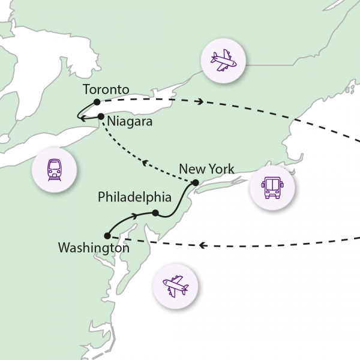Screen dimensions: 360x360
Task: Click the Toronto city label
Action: pos(106,90)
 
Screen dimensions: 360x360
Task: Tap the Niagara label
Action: pos(130,122)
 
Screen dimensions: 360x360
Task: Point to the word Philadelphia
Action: pos(134,197)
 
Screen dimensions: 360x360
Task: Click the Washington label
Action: pos(94,247)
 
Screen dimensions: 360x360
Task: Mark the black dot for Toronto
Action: pos(97,101)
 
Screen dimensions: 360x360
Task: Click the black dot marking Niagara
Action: pos(101,116)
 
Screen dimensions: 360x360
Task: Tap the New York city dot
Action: pos(195,182)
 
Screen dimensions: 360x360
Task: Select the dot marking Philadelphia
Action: pos(155,213)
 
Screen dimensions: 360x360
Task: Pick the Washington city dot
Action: pos(106,236)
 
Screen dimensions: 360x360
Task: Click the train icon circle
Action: pos(55,170)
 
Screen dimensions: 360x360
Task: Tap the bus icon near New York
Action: pos(271,187)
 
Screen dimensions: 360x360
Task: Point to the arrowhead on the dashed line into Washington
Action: pos(202,245)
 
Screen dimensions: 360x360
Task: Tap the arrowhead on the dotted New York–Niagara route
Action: pos(143,162)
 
